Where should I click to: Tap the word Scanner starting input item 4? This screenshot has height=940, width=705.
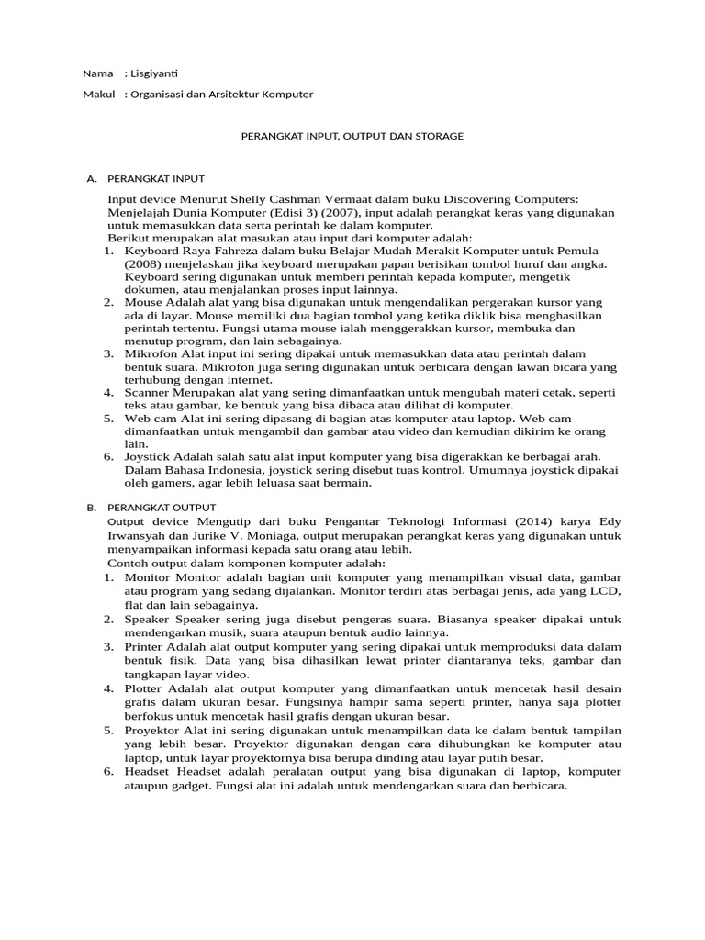[150, 392]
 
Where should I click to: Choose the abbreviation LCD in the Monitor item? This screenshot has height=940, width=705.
[607, 592]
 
